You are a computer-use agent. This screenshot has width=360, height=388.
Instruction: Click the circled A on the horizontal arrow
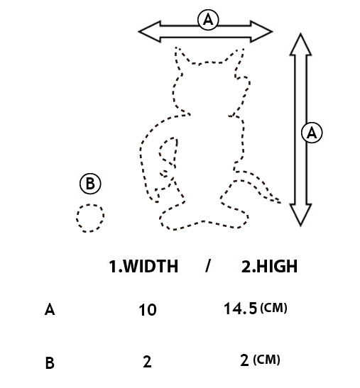208,20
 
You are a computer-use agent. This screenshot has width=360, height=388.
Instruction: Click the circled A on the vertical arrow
312,133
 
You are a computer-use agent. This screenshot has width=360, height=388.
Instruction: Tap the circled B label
90,184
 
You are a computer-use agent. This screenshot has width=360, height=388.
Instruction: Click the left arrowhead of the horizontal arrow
149,31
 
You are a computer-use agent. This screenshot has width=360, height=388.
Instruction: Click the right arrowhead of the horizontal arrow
261,31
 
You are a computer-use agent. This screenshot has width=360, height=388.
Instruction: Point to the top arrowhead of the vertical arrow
300,45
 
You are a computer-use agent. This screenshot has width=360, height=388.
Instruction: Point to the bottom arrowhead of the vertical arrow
300,215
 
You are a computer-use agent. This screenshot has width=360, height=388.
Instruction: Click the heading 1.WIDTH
143,266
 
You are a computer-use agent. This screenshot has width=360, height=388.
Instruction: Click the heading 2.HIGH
269,266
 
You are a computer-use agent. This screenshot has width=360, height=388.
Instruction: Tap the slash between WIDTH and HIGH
207,266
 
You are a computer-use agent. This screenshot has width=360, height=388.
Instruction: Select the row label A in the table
50,309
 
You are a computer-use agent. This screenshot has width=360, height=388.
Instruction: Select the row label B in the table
50,362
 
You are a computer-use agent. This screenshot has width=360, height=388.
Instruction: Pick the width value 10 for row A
148,310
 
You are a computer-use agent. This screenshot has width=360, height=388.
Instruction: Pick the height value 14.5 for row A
240,309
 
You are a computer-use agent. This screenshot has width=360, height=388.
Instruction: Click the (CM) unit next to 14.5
274,308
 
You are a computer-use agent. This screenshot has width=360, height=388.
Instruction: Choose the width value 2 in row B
147,362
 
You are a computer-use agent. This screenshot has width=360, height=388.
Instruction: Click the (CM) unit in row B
266,360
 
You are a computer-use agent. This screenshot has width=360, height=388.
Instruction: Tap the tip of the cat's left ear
176,47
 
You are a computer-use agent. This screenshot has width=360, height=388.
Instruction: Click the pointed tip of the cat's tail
280,203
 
